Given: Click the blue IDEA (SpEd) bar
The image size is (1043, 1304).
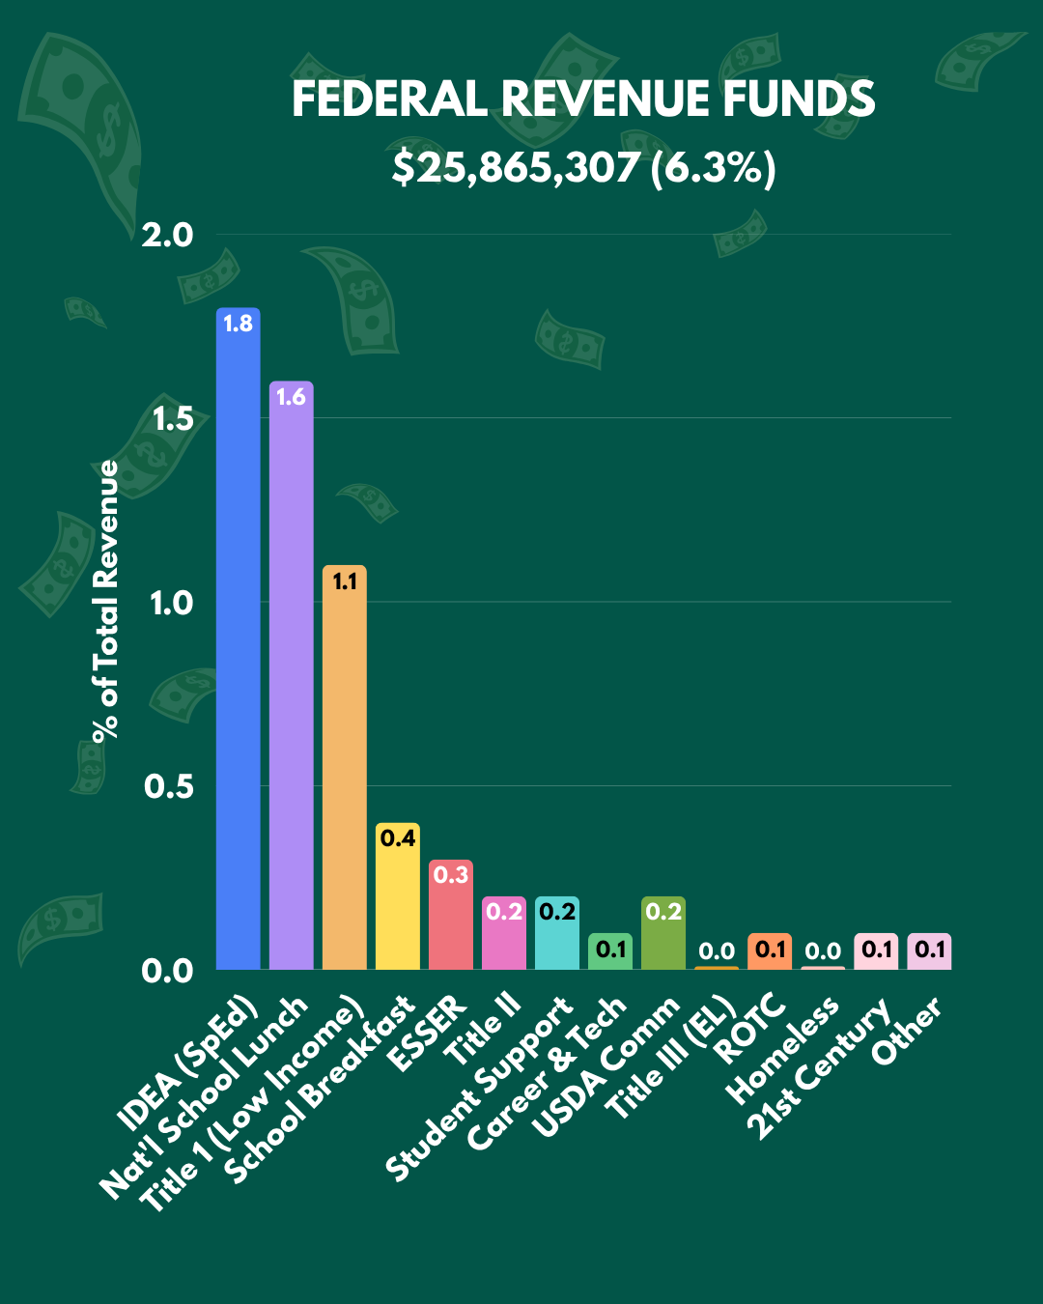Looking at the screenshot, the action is pyautogui.click(x=239, y=638).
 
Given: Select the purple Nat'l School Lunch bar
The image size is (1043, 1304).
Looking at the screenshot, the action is pyautogui.click(x=292, y=675).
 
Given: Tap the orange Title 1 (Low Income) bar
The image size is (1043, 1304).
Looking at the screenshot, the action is pyautogui.click(x=344, y=767).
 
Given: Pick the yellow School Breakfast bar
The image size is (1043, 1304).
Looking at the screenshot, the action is pyautogui.click(x=398, y=896).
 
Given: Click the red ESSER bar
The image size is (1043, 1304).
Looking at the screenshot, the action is pyautogui.click(x=451, y=915).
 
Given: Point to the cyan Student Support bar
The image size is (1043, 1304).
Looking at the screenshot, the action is pyautogui.click(x=557, y=932).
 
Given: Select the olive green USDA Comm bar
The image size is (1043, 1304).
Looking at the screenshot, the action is pyautogui.click(x=663, y=932).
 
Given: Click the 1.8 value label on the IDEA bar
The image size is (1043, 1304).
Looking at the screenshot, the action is pyautogui.click(x=239, y=325).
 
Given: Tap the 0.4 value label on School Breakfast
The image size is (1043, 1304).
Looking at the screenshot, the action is pyautogui.click(x=398, y=838).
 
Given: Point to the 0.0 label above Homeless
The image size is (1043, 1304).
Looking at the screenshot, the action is pyautogui.click(x=823, y=951).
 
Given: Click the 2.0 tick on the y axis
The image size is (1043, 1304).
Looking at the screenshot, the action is pyautogui.click(x=167, y=235).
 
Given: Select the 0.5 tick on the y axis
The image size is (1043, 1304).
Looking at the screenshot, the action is pyautogui.click(x=168, y=786).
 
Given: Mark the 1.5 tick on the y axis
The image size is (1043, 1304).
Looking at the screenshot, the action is pyautogui.click(x=173, y=418).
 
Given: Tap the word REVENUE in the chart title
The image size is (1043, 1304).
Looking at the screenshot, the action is pyautogui.click(x=606, y=99).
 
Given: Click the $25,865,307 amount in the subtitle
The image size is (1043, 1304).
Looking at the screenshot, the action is pyautogui.click(x=516, y=167).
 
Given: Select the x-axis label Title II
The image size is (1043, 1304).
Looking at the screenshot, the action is pyautogui.click(x=483, y=1030).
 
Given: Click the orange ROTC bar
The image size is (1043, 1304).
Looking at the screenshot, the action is pyautogui.click(x=770, y=951).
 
